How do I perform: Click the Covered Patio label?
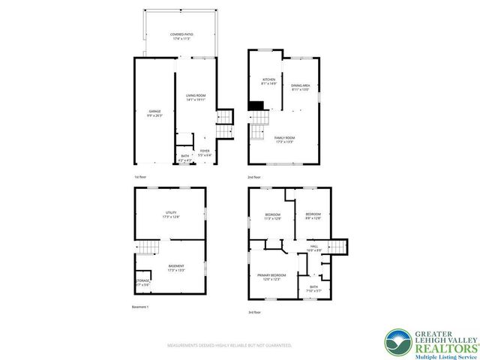(x=178, y=36)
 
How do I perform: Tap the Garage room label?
(x=154, y=113)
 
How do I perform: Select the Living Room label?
(x=196, y=97)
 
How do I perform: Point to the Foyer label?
(x=204, y=152)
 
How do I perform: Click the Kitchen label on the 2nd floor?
(x=268, y=81)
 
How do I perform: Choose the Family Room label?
(x=283, y=140)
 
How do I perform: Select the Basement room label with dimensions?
(x=176, y=268)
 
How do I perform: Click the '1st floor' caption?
(x=140, y=178)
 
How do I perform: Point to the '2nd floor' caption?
(x=254, y=178)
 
